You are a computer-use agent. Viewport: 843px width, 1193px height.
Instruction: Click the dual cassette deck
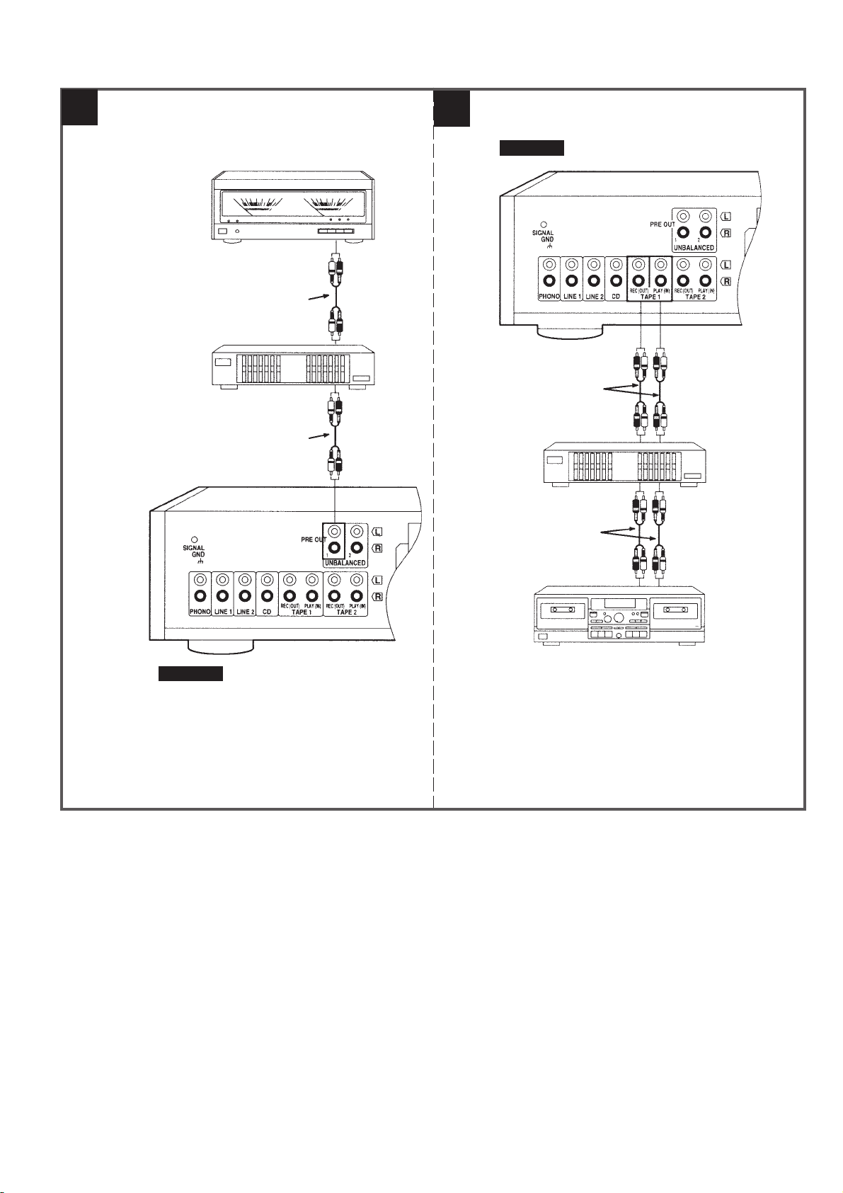coord(619,615)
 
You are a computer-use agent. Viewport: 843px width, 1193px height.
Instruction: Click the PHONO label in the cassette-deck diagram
coord(549,297)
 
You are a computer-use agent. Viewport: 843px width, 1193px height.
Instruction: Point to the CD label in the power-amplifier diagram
coord(266,612)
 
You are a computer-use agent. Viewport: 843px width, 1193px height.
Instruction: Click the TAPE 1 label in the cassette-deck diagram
coord(649,297)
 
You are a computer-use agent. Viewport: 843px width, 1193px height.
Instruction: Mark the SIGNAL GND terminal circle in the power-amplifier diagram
coord(194,540)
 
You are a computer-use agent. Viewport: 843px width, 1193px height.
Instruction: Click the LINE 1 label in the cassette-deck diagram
coord(572,297)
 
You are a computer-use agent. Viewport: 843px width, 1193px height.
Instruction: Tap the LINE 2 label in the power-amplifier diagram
coord(245,612)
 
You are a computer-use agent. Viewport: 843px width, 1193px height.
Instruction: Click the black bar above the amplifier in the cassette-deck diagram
coord(532,148)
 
